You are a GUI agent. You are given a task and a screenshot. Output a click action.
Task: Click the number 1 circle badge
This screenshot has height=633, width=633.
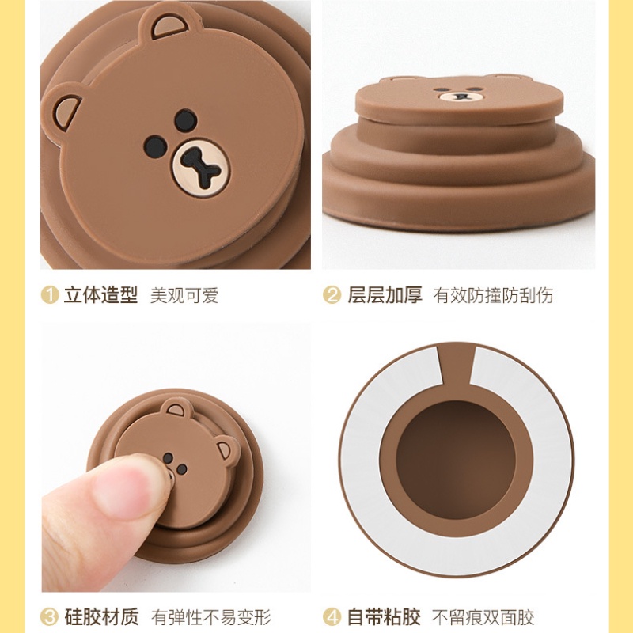[50, 294]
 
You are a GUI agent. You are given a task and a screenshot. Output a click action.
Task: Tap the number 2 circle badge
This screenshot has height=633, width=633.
[332, 294]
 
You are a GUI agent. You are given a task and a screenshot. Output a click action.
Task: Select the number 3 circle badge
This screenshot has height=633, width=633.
[50, 617]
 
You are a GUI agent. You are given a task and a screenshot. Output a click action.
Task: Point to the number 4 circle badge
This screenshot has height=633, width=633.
[332, 617]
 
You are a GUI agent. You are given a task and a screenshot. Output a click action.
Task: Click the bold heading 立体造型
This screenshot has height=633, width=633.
[100, 294]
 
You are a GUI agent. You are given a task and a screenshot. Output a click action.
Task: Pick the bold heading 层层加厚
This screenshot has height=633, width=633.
[385, 294]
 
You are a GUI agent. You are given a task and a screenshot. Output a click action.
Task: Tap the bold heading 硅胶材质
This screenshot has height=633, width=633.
[101, 617]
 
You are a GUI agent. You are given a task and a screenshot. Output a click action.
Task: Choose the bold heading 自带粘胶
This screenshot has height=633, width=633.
[384, 617]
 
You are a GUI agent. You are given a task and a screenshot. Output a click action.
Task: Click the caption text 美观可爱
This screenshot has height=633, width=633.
[184, 295]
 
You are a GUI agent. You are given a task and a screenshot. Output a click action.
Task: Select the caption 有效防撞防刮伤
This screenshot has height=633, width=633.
[493, 295]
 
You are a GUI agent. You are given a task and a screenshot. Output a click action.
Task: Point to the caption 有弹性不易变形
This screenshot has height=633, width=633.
[210, 617]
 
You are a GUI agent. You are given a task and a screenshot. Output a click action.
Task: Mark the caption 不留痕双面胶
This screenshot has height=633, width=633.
[483, 617]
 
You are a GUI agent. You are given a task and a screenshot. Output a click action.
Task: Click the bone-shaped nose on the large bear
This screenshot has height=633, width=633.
[201, 168]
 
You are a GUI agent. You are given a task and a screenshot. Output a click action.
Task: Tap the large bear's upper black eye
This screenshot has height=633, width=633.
[186, 120]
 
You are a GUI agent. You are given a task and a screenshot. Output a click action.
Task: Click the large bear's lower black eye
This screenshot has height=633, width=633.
[155, 146]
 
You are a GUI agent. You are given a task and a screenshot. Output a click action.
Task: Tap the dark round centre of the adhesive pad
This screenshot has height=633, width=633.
[456, 459]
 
